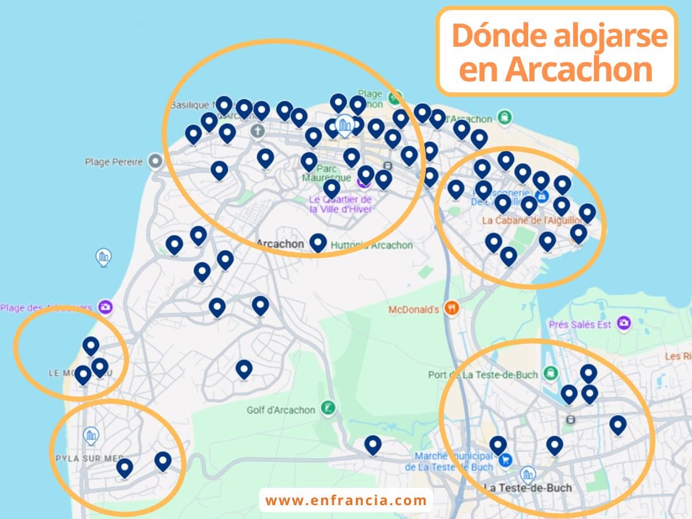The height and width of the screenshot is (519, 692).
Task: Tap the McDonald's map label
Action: point(413,310)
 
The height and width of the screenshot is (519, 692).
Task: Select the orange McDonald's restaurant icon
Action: point(451,308)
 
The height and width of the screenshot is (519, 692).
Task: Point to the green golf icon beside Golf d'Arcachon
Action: point(329,408)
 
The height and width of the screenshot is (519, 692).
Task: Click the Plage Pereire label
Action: point(114,162)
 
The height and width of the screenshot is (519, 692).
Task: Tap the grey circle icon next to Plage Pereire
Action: point(155,161)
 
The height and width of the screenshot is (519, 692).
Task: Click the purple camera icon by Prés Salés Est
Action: point(623,324)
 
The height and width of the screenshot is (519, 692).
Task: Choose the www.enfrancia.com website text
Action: point(346,501)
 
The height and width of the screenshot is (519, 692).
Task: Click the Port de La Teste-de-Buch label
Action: point(483,375)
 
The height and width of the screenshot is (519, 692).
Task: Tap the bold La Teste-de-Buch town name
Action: point(529,488)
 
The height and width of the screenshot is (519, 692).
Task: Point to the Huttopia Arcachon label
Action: point(371,245)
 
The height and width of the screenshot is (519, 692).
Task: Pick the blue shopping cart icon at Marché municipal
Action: point(506,460)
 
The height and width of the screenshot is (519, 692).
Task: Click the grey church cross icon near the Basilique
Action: point(257,131)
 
